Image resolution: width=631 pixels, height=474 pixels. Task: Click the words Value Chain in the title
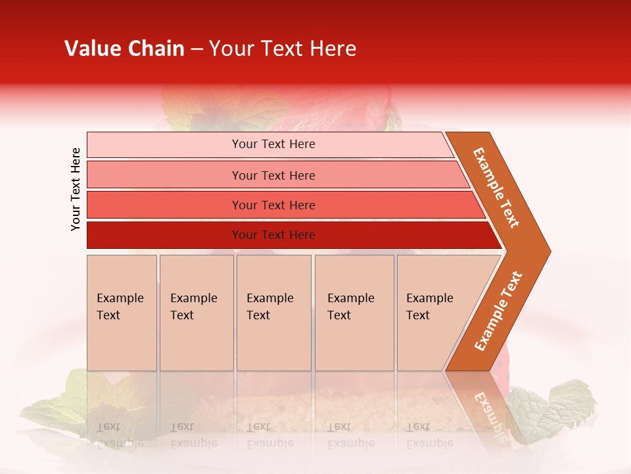pos(124,49)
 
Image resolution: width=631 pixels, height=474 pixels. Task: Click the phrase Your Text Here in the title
pos(283,49)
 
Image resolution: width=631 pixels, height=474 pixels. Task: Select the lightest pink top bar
pos(164,145)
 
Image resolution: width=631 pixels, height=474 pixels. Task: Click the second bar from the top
pos(164,175)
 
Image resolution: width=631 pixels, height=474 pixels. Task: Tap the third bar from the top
pos(164,205)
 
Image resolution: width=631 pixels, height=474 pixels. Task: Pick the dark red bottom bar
pos(164,235)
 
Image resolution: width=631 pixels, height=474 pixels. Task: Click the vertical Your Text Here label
pos(76,189)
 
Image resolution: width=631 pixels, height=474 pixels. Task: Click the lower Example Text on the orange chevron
pos(498,311)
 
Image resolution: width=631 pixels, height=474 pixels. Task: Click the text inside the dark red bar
pos(273,235)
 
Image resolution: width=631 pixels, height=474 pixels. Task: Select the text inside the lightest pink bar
pos(273,144)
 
